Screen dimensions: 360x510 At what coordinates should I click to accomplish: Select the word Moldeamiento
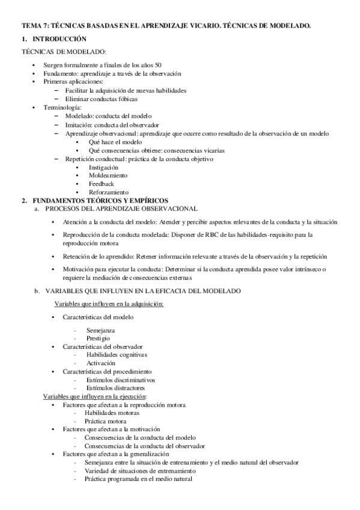pos(108,175)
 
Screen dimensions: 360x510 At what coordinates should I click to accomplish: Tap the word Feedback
pos(101,183)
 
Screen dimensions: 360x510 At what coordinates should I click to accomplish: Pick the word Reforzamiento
pos(108,192)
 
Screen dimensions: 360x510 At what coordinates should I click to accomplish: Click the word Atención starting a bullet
pos(75,221)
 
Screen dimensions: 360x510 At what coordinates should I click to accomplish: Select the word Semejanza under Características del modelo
pos(100,330)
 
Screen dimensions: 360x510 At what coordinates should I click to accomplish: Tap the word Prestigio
pos(97,339)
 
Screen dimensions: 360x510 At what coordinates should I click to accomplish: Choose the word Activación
pos(100,363)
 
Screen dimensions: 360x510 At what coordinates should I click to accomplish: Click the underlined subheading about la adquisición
pos(105,305)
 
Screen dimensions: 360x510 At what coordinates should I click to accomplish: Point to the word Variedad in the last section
pos(98,471)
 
